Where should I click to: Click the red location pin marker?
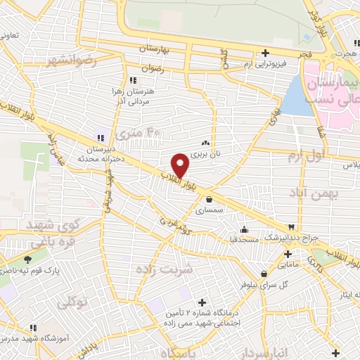click(181, 165)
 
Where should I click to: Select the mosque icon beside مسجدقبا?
click(244, 229)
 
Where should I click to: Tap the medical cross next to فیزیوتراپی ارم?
click(265, 53)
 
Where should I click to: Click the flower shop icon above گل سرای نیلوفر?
click(264, 274)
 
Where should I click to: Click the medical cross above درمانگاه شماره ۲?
click(202, 302)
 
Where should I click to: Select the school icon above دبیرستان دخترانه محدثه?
click(100, 137)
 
